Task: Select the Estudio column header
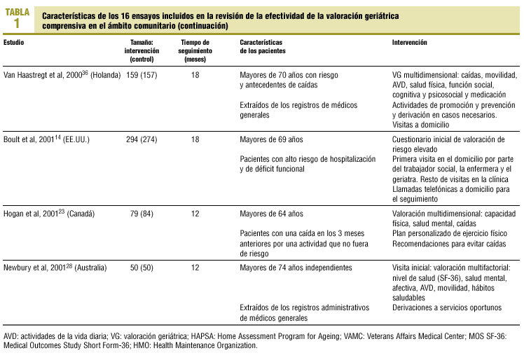click(x=16, y=43)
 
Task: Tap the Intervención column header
click(x=411, y=43)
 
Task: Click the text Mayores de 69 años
click(x=271, y=139)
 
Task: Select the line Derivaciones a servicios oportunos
click(x=448, y=307)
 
